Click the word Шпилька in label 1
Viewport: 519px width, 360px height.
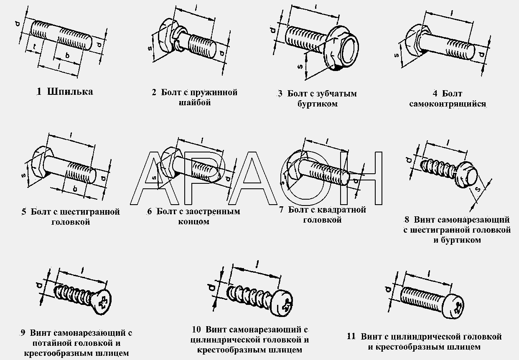[x=70, y=92]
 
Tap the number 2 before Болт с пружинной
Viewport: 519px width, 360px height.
[x=154, y=93]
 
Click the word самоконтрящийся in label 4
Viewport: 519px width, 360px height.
[x=448, y=104]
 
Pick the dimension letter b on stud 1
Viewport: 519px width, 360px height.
[x=68, y=56]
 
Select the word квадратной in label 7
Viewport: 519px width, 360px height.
[x=342, y=210]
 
